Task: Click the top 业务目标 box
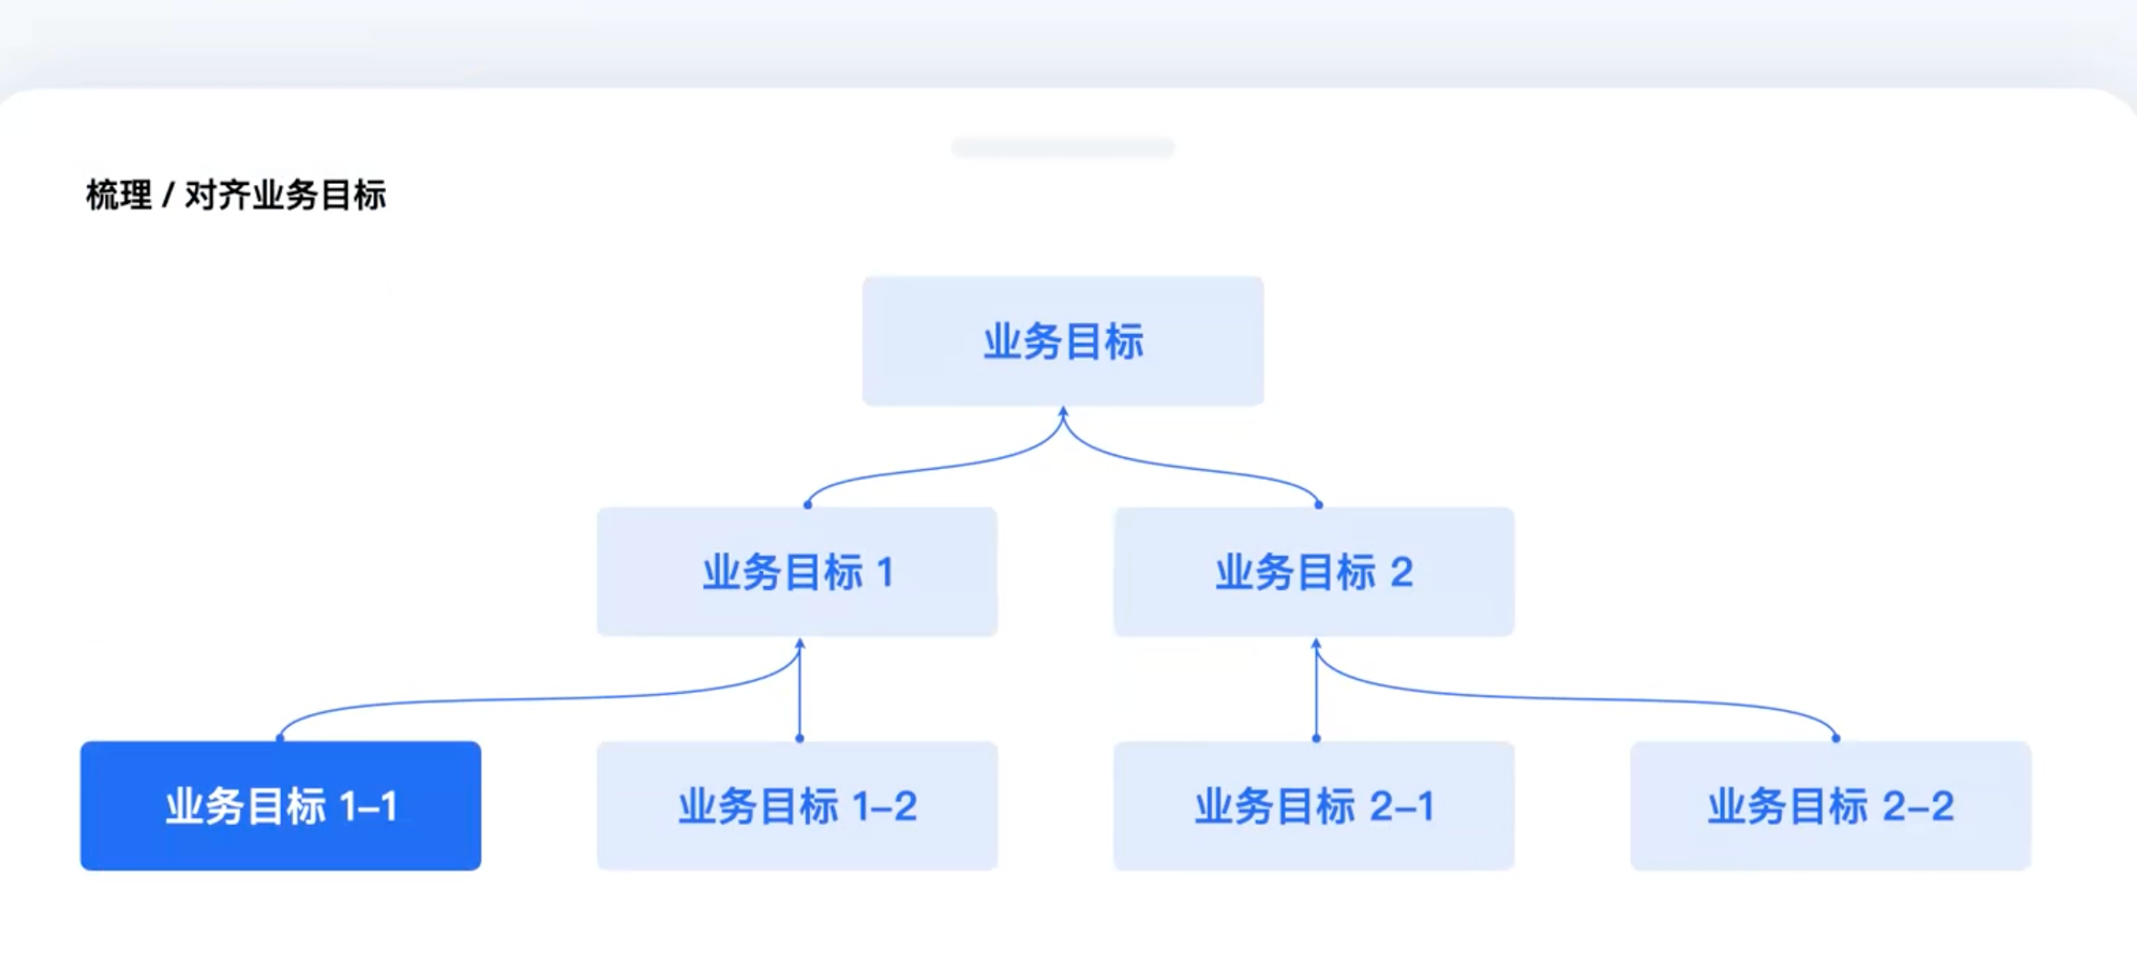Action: click(1063, 341)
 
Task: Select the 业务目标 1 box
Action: click(797, 572)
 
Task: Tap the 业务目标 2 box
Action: click(1314, 572)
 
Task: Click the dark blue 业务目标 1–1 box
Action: click(281, 806)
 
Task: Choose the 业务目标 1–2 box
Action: click(797, 806)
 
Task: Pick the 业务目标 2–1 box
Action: click(1314, 806)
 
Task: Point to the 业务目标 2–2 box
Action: click(1831, 806)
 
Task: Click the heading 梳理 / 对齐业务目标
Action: click(236, 195)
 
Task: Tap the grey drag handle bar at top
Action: click(1063, 148)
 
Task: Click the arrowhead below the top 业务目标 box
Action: click(1063, 413)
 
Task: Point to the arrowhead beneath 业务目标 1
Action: click(800, 645)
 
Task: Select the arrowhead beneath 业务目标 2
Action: click(1316, 645)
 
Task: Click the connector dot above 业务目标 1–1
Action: click(280, 739)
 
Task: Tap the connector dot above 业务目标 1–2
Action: click(800, 739)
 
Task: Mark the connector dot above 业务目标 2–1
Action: click(1316, 739)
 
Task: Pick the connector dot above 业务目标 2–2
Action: click(1836, 739)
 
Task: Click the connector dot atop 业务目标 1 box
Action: click(808, 504)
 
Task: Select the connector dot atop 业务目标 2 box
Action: click(1319, 504)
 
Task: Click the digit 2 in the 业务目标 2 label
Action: click(1402, 573)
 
